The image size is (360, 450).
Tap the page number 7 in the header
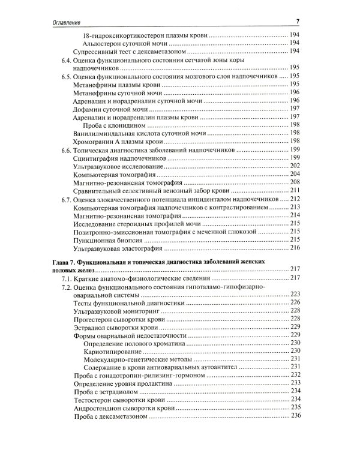[298, 22]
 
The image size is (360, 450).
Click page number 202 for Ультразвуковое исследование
[295, 166]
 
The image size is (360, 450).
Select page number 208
[295, 182]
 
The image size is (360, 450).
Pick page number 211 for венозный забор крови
[295, 190]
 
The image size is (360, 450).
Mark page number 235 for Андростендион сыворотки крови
[295, 407]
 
